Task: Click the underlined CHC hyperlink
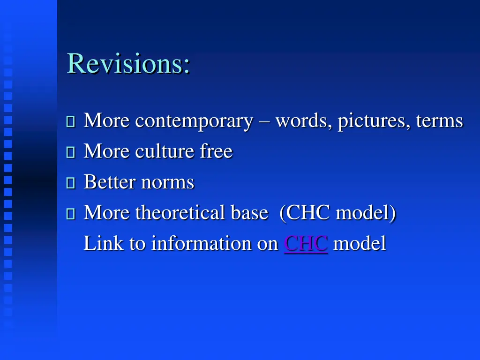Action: pyautogui.click(x=306, y=244)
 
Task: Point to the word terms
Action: pyautogui.click(x=439, y=121)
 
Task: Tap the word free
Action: pyautogui.click(x=216, y=151)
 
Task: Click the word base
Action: pyautogui.click(x=249, y=213)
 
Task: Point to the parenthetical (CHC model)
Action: pyautogui.click(x=337, y=213)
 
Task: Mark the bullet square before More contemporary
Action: pyautogui.click(x=71, y=122)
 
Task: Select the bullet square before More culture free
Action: pyautogui.click(x=71, y=153)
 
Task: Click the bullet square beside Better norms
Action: pyautogui.click(x=71, y=183)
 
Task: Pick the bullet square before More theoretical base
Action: pyautogui.click(x=71, y=214)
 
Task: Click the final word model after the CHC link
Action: pyautogui.click(x=360, y=244)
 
